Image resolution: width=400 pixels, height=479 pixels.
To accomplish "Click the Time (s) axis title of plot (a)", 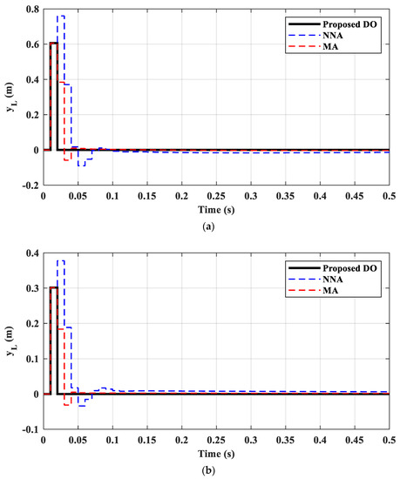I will (216, 211).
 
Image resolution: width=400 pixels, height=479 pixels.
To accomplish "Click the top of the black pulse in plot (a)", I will (53, 43).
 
